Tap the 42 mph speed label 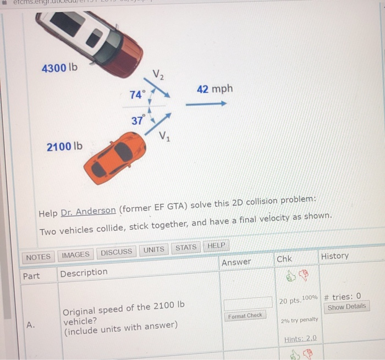pyautogui.click(x=215, y=89)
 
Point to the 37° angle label pyautogui.click(x=137, y=120)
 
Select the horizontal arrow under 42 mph pyautogui.click(x=206, y=103)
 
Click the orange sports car pyautogui.click(x=115, y=158)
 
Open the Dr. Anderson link pyautogui.click(x=88, y=211)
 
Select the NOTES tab pyautogui.click(x=38, y=257)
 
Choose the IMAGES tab pyautogui.click(x=75, y=254)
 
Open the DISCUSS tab pyautogui.click(x=117, y=252)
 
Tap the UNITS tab pyautogui.click(x=153, y=250)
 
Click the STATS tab pyautogui.click(x=186, y=247)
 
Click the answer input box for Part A pyautogui.click(x=248, y=302)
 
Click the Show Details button pyautogui.click(x=346, y=307)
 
